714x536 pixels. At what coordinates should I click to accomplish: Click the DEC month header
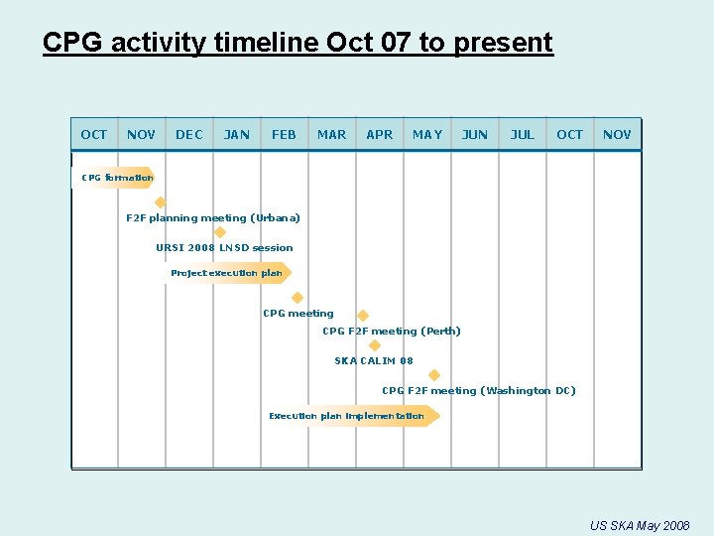[188, 134]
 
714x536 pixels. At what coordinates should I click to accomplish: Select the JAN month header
[236, 134]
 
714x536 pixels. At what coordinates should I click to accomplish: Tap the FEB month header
[284, 134]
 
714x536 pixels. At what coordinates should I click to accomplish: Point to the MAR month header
[331, 134]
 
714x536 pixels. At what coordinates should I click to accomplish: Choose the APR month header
[379, 134]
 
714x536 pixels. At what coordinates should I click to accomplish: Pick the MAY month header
[427, 134]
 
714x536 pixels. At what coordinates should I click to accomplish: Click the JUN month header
[475, 134]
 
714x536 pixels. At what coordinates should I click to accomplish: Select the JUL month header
[523, 134]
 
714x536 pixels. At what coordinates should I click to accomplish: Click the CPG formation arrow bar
[114, 178]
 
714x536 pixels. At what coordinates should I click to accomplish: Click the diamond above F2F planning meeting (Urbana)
[161, 202]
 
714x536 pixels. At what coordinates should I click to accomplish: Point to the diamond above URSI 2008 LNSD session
[220, 232]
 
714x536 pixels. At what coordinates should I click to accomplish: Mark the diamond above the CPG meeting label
[297, 298]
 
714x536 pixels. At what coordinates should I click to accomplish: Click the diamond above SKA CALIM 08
[375, 345]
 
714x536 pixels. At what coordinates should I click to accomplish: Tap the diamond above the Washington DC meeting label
[433, 375]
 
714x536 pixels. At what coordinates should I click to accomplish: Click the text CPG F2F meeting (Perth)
[391, 332]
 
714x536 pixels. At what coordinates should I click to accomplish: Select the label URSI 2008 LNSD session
[224, 247]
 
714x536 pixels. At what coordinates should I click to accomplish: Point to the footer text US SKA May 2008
[639, 525]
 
